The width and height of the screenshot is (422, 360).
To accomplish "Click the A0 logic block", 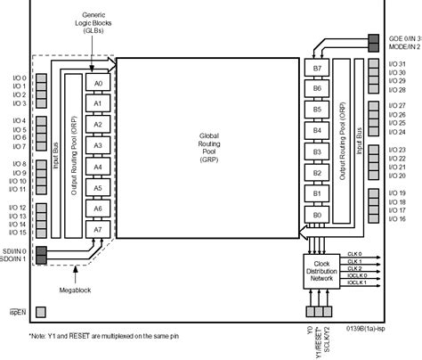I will click(99, 82).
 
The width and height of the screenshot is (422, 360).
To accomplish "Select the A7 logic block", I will click(99, 230).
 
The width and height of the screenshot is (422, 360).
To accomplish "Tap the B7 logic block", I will click(312, 69).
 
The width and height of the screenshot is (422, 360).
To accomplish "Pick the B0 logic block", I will click(312, 215).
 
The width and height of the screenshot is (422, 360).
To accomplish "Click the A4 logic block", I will click(99, 167).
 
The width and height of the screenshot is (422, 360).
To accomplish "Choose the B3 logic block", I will click(312, 151).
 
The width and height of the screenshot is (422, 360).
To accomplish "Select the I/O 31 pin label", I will click(396, 64).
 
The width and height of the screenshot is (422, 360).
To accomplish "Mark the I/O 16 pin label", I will click(396, 218).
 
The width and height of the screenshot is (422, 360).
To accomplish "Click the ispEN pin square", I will click(40, 311).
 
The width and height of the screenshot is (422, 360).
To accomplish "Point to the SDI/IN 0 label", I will click(15, 251).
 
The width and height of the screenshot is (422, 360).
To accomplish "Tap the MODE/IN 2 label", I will click(403, 47).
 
